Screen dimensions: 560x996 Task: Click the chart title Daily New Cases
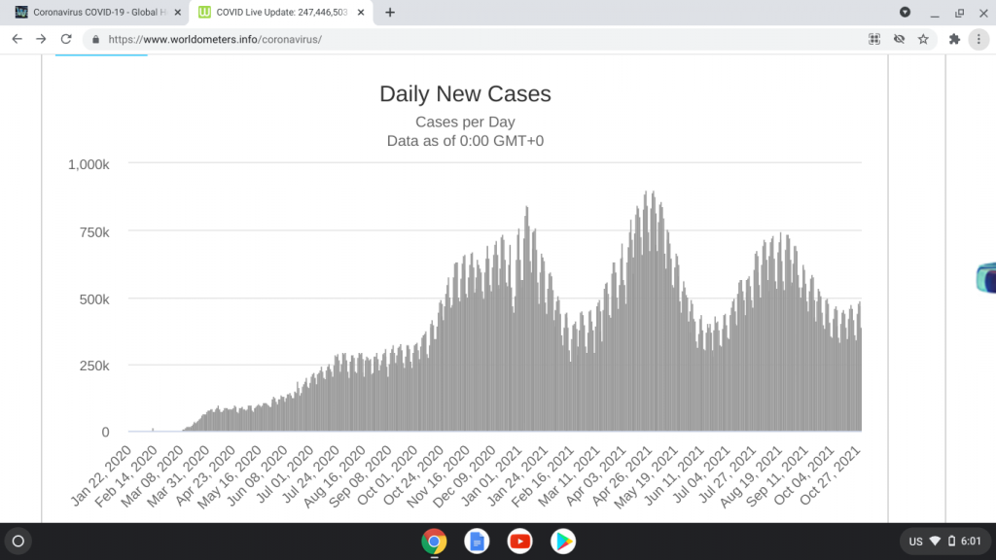[465, 94]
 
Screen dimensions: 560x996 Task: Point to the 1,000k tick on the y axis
[89, 164]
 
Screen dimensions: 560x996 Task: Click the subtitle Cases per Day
[465, 122]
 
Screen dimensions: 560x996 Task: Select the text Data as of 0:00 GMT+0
[465, 141]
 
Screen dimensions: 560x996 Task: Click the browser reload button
[66, 39]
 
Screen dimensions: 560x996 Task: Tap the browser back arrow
[17, 39]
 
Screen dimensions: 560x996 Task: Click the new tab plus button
[390, 13]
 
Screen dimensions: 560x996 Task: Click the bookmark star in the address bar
[923, 39]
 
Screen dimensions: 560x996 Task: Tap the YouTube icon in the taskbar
[519, 541]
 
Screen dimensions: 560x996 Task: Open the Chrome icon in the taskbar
[434, 541]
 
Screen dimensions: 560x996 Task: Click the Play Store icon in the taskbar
[562, 541]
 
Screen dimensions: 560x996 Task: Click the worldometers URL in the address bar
[214, 40]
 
